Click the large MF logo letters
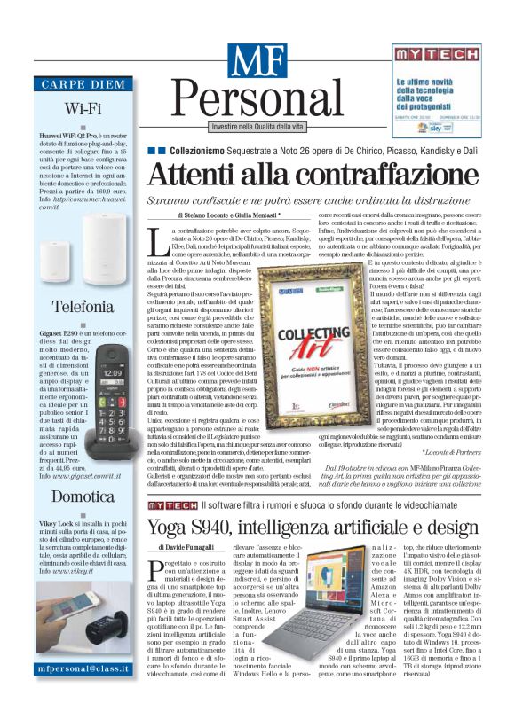point(257,60)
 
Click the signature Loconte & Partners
point(455,451)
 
